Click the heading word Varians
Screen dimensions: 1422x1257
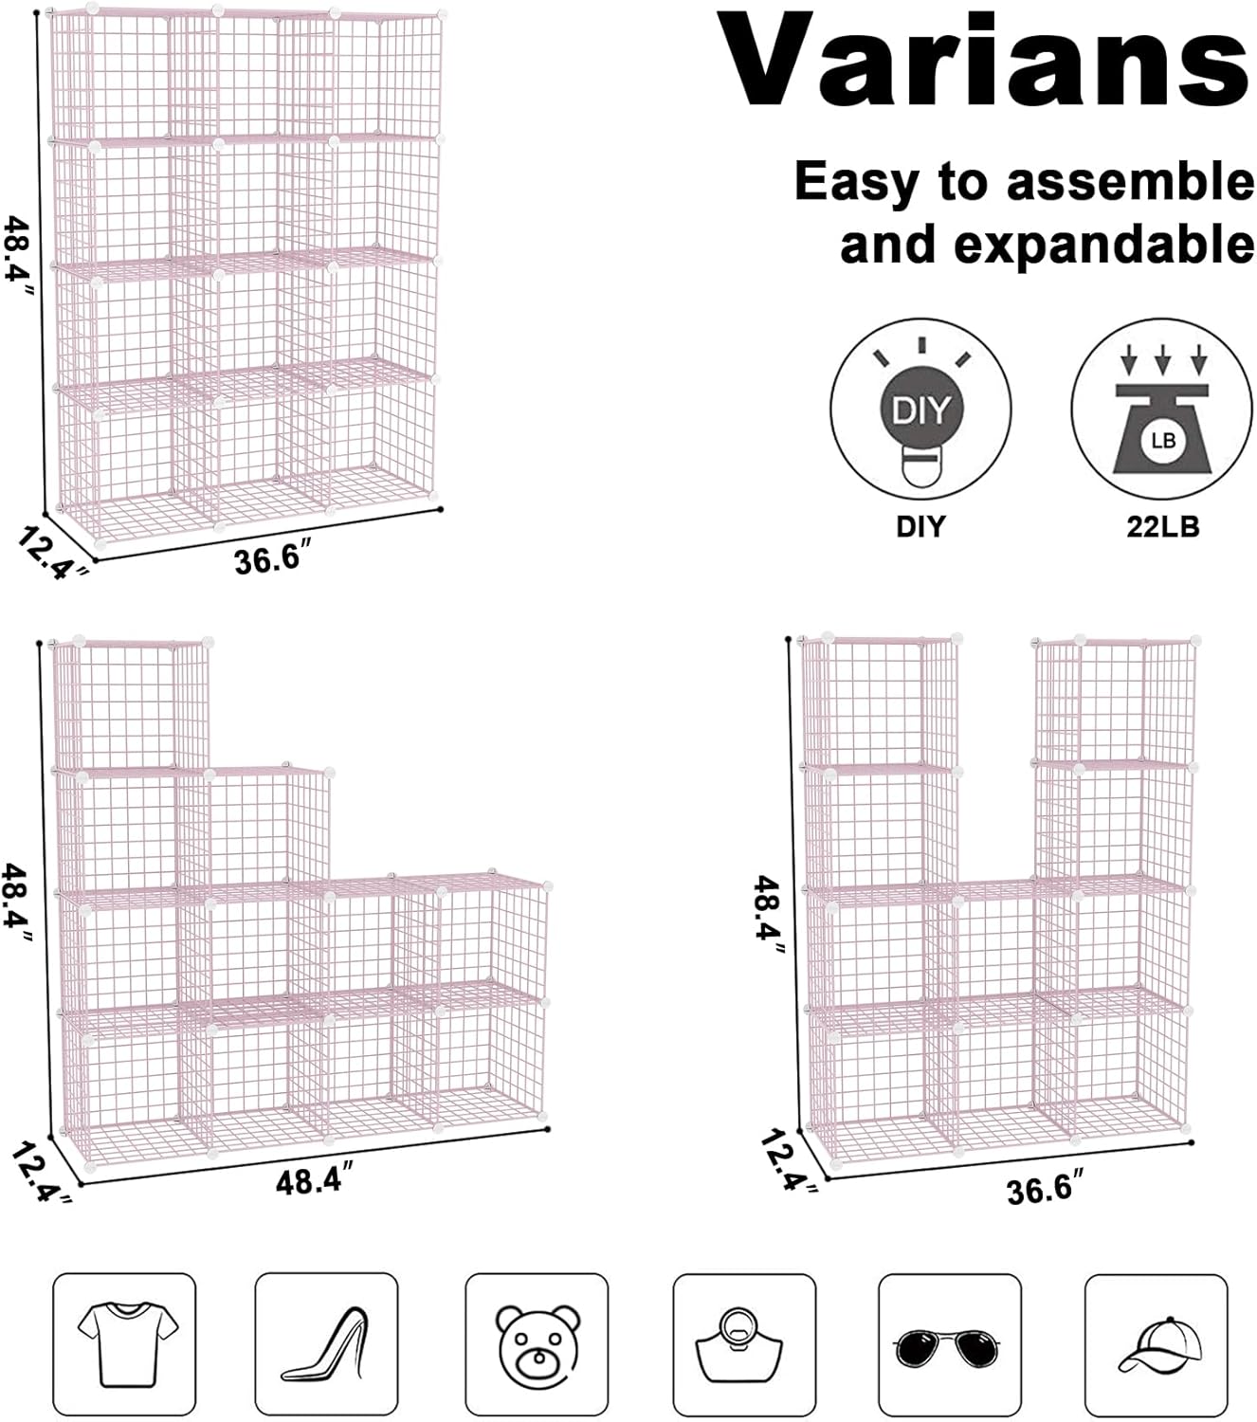tap(985, 62)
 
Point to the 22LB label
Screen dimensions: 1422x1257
tap(1162, 526)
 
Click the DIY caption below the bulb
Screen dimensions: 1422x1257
tap(920, 526)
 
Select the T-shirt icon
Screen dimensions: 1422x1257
tap(124, 1344)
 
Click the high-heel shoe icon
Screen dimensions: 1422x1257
tap(326, 1344)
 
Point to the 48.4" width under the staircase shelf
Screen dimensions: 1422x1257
tap(316, 1181)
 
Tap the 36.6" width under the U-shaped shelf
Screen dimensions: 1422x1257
tap(1045, 1188)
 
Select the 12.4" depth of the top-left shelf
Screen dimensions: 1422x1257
tap(53, 553)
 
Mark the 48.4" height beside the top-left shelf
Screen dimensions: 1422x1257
tap(19, 256)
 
